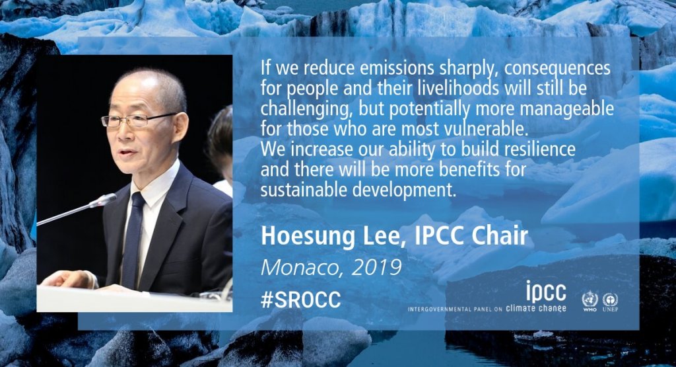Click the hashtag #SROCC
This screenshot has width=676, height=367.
pyautogui.click(x=300, y=299)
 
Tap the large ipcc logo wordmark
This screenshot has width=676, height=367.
pyautogui.click(x=546, y=291)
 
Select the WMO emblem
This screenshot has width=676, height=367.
pyautogui.click(x=590, y=301)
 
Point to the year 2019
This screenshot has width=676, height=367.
pyautogui.click(x=376, y=268)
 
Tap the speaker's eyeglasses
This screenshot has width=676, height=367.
pyautogui.click(x=137, y=120)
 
